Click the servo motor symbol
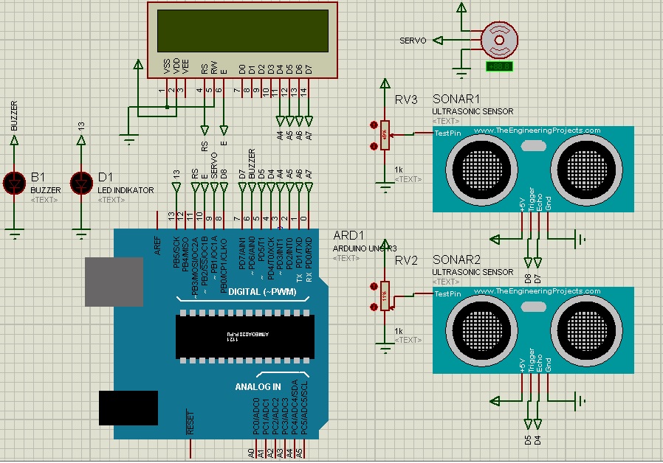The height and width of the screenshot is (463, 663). [x=497, y=39]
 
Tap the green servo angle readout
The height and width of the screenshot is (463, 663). [x=500, y=66]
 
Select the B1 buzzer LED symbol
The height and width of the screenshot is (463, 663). [x=15, y=181]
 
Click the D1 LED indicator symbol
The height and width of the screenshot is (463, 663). [x=82, y=181]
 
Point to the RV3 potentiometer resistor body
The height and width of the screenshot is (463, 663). [x=384, y=135]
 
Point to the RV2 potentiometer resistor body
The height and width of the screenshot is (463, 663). [x=384, y=295]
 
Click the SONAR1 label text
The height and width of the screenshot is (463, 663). [x=456, y=100]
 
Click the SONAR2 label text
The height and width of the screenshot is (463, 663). [x=456, y=260]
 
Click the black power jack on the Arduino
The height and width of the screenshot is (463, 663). [x=128, y=407]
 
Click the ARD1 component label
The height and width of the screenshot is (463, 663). [x=346, y=235]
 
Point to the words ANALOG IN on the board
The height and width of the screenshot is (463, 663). [x=258, y=386]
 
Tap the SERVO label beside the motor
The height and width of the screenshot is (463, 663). [x=413, y=41]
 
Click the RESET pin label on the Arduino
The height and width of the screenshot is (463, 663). [x=190, y=422]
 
